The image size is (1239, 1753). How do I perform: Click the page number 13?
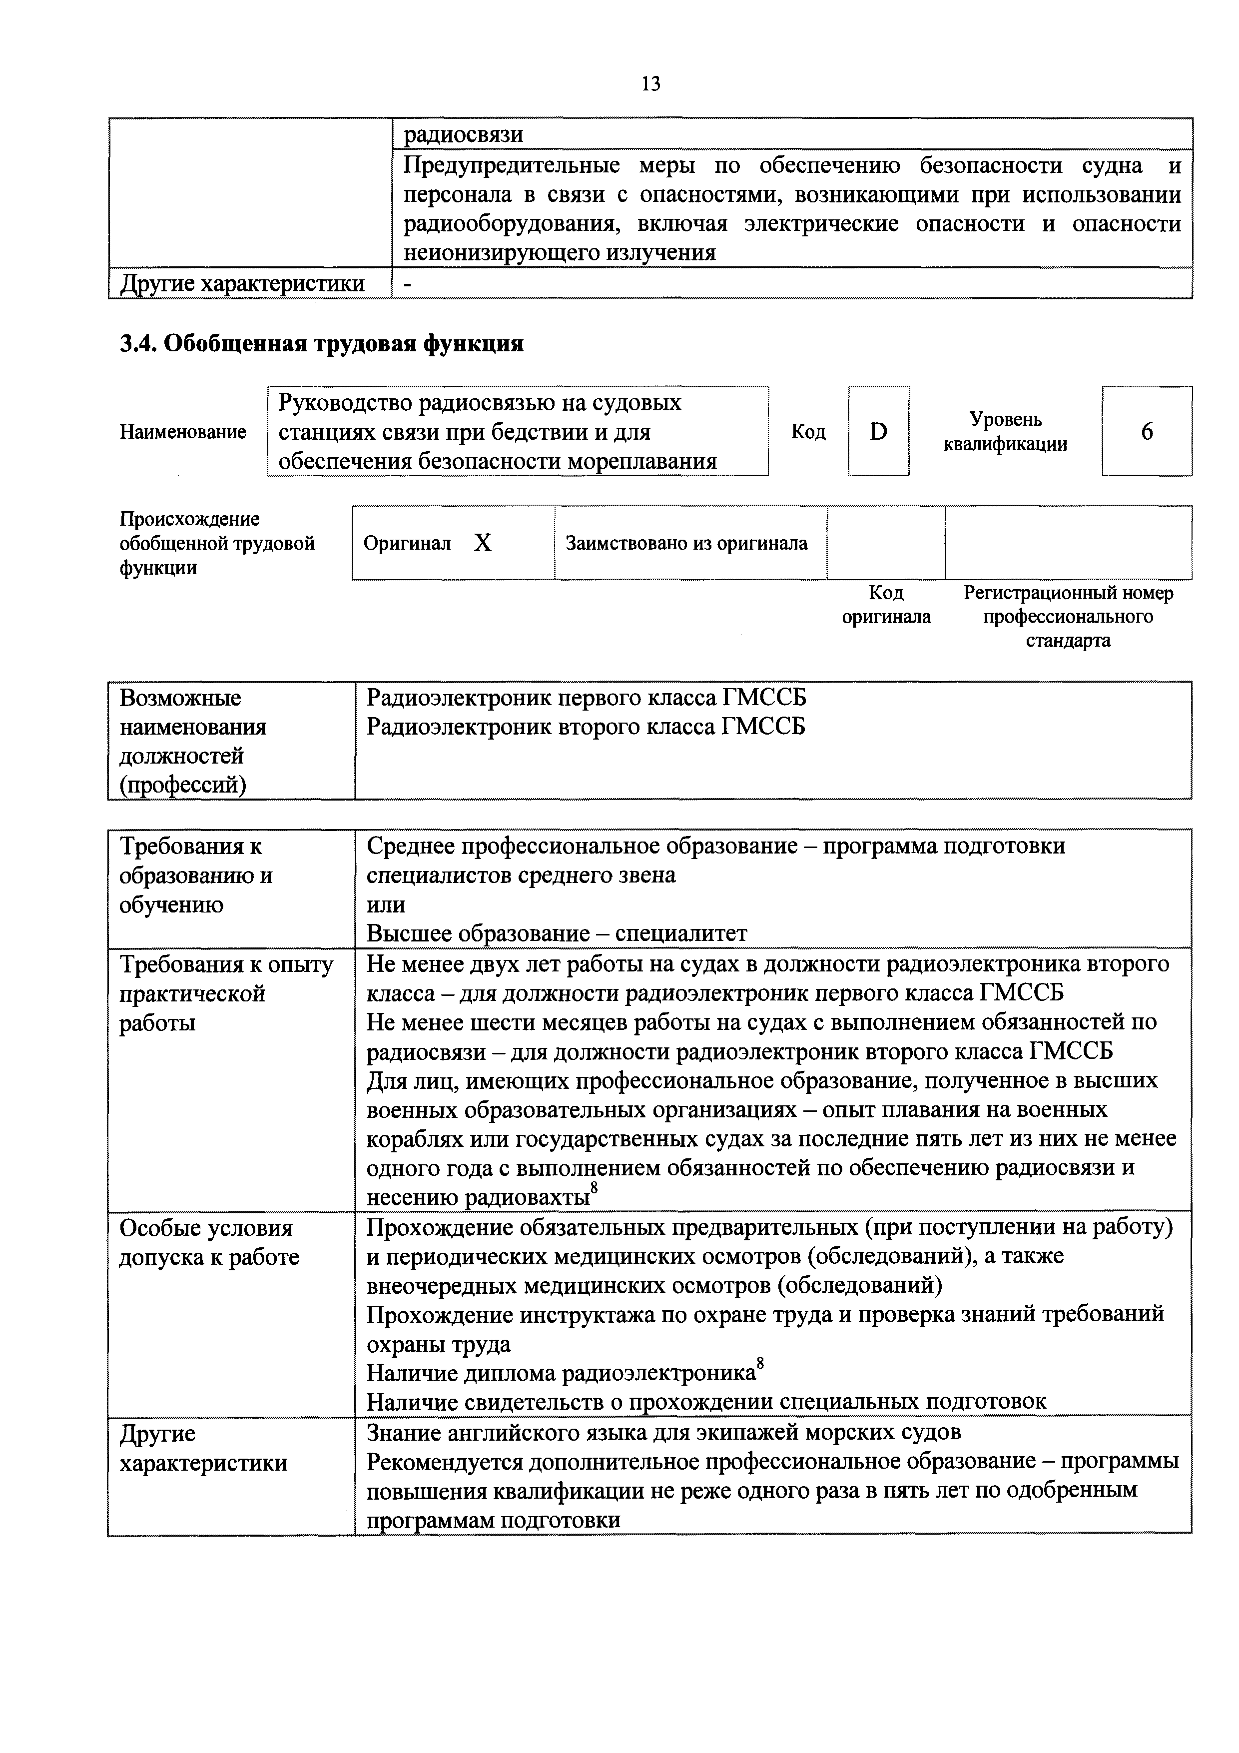650,84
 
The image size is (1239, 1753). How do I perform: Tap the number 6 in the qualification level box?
1147,432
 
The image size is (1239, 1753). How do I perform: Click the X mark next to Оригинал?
483,543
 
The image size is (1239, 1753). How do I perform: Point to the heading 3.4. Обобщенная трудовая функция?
321,344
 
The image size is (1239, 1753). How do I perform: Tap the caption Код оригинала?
886,604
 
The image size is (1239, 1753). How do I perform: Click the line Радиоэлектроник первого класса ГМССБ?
586,697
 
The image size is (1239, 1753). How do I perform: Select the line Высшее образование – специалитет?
557,933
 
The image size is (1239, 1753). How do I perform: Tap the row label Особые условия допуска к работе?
208,1242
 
